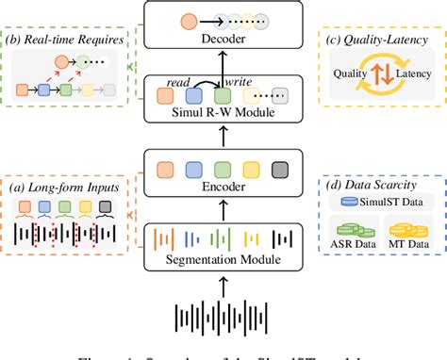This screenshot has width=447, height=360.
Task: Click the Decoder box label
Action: tap(224, 41)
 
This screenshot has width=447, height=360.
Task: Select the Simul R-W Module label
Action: tap(223, 113)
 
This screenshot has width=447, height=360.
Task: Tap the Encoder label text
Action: tap(224, 187)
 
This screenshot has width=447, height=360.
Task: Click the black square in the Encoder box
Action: tap(279, 170)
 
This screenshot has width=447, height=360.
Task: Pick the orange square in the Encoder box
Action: tap(167, 170)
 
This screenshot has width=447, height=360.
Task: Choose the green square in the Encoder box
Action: tap(223, 170)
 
